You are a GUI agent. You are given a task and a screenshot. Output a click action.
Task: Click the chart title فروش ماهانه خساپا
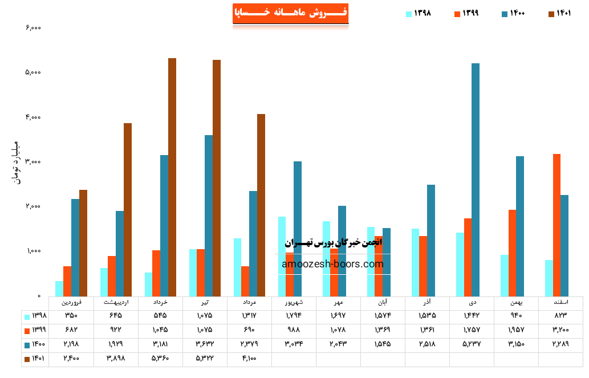click(290, 13)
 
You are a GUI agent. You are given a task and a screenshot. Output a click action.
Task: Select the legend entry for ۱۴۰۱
click(559, 14)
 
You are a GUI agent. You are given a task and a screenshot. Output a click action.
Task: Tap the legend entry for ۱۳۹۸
click(418, 14)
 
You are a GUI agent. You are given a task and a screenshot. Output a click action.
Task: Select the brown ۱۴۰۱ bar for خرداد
click(172, 177)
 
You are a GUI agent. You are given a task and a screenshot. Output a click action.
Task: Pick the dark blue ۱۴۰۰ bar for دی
click(476, 180)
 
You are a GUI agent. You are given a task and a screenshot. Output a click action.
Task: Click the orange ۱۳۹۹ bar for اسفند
click(556, 225)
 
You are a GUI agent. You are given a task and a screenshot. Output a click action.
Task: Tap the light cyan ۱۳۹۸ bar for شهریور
click(282, 256)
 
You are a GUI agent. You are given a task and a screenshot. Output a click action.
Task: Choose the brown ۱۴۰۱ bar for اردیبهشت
click(128, 209)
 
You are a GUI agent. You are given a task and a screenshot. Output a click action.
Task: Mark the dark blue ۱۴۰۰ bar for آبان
click(387, 262)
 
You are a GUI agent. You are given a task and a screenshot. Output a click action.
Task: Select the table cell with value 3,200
click(560, 330)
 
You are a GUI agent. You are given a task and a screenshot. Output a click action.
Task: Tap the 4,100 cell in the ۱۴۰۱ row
click(249, 358)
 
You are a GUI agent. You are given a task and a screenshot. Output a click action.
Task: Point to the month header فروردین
click(71, 302)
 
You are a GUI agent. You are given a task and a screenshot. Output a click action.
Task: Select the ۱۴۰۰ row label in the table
click(35, 344)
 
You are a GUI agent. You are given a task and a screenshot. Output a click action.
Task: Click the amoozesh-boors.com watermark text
click(332, 264)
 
